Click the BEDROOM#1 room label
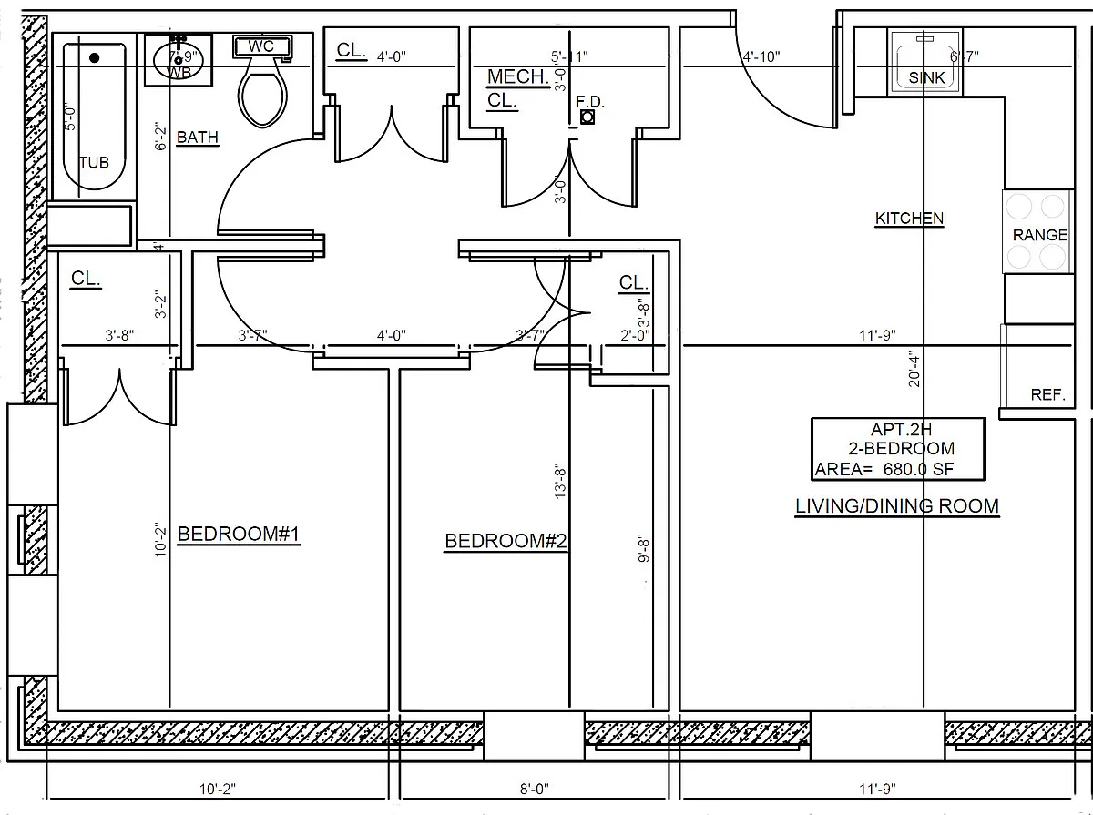pos(239,535)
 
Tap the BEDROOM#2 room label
pos(506,542)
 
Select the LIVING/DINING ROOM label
pos(897,506)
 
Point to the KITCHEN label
pos(909,219)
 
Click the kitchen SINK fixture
pos(926,62)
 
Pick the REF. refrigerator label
pos(1047,395)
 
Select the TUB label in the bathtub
pos(94,163)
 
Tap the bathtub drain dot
pos(94,57)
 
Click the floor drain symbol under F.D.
pos(588,117)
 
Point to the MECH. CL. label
pos(516,88)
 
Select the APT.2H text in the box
pos(899,429)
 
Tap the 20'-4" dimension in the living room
pos(914,369)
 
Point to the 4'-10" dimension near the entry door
pos(761,56)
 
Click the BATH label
pos(197,138)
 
